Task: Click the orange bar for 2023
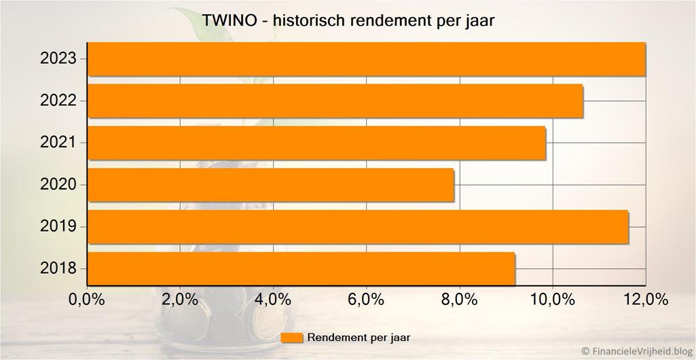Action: [x=367, y=59]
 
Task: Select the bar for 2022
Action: [x=335, y=101]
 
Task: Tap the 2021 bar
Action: [x=317, y=143]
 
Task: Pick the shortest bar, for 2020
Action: [x=271, y=185]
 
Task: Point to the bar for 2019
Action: [x=358, y=227]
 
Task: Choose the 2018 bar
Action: [x=301, y=269]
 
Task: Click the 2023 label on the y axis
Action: [x=58, y=59]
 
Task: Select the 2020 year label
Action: [x=58, y=185]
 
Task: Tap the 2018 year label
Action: [x=58, y=269]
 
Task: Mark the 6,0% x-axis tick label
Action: [x=366, y=300]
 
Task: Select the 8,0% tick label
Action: [x=459, y=300]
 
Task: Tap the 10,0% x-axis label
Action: [x=552, y=300]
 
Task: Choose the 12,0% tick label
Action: [x=645, y=300]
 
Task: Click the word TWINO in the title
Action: [x=229, y=21]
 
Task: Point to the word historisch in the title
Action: [x=311, y=21]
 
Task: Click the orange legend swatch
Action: [x=291, y=338]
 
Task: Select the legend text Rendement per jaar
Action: [x=359, y=338]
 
